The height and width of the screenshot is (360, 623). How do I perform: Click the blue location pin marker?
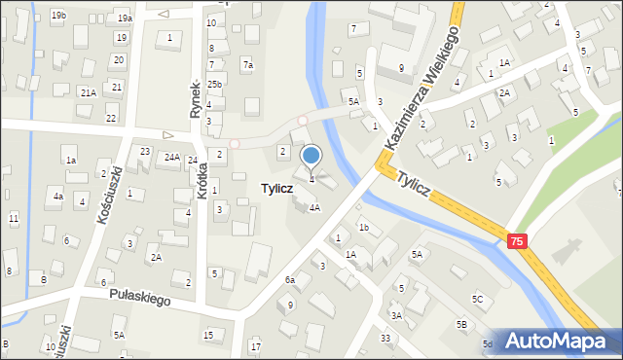311,156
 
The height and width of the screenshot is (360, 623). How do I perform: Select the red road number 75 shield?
516,240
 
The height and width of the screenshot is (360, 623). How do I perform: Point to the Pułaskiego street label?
140,295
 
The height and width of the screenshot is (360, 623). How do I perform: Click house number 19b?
59,16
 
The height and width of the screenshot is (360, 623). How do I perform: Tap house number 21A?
88,92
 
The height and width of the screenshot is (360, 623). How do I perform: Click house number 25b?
214,85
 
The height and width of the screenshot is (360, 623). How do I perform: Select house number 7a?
248,65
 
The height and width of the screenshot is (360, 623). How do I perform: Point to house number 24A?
172,157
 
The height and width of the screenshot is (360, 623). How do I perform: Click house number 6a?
289,280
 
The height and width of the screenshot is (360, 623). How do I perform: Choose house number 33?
385,338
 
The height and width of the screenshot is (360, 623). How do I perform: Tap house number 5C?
477,299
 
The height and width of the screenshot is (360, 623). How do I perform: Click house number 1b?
363,227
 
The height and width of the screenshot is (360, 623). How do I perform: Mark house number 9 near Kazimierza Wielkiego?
401,68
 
